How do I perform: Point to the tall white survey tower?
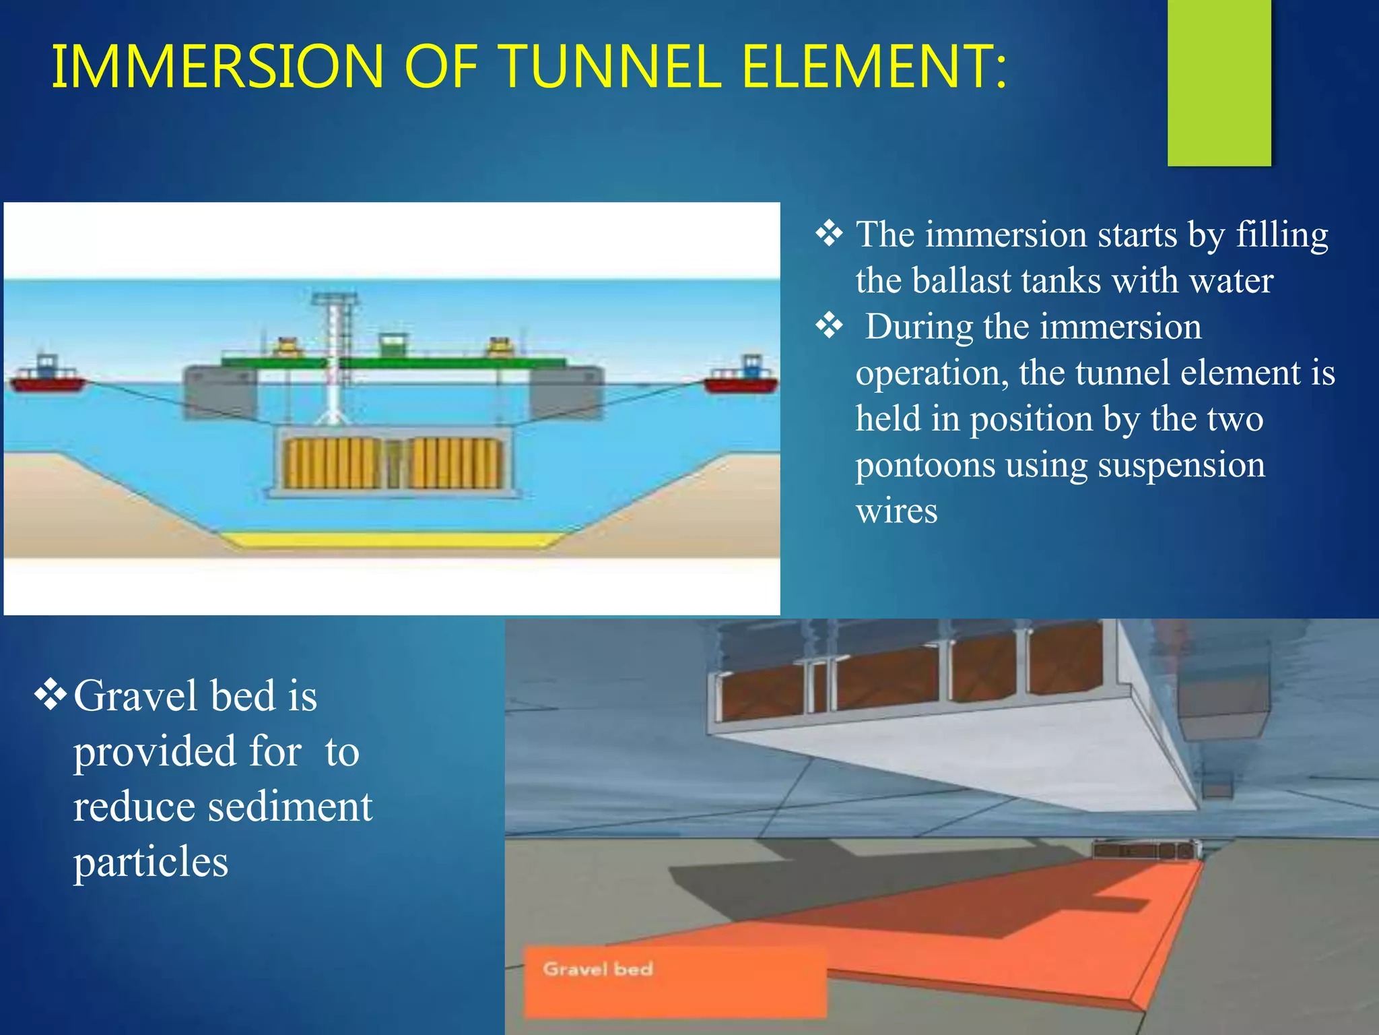[x=333, y=357]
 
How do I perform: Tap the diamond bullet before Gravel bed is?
[x=51, y=695]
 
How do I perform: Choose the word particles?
[x=151, y=862]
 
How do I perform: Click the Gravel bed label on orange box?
[x=598, y=970]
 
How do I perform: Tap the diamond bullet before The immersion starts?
[x=829, y=234]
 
